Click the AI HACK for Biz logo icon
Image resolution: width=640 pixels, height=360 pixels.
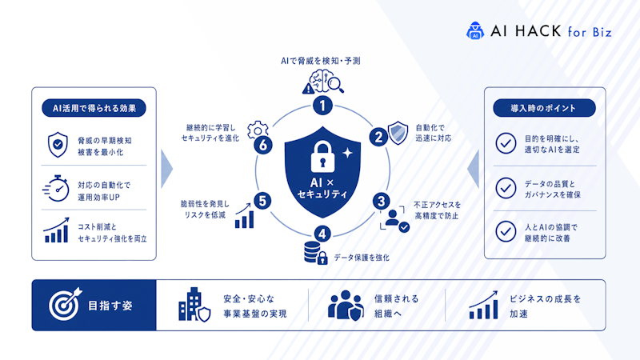pos(475,30)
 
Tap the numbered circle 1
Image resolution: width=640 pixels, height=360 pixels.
pos(322,106)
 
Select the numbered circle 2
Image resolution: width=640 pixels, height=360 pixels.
pos(378,137)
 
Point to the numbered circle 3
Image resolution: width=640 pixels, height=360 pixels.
pos(382,202)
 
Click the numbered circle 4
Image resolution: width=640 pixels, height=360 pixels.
pos(322,234)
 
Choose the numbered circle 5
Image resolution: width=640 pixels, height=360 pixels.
pos(262,201)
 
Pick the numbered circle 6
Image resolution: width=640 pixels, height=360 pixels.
pos(263,145)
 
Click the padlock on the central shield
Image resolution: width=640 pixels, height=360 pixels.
pos(322,156)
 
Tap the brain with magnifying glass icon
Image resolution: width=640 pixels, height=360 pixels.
pos(323,82)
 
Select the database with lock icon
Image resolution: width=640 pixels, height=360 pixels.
pos(315,253)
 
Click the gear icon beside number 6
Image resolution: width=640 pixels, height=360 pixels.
pos(258,130)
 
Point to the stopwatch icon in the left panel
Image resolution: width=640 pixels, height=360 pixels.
pos(56,188)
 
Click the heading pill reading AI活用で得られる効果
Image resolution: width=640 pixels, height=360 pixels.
pos(94,108)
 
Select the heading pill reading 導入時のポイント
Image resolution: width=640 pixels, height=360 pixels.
pos(544,108)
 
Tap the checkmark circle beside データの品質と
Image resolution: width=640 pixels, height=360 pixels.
pos(506,188)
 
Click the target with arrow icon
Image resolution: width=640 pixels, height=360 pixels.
pos(66,304)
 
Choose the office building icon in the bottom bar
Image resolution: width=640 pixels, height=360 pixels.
pos(194,305)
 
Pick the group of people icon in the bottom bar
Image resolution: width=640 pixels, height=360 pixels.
pos(346,305)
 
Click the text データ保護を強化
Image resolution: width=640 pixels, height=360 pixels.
pos(362,258)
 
